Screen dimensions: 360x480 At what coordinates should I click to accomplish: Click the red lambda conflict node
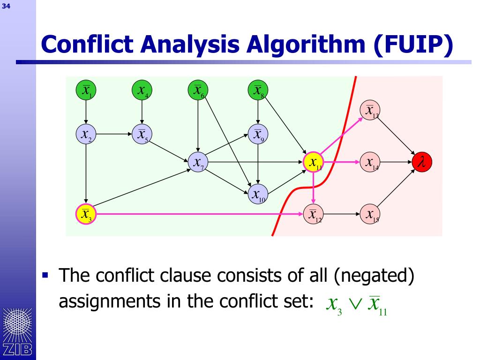pyautogui.click(x=422, y=162)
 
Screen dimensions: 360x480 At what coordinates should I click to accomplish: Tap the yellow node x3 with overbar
pyautogui.click(x=85, y=214)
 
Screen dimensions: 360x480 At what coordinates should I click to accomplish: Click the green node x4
pyautogui.click(x=142, y=90)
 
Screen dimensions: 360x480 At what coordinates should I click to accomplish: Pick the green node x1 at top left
pyautogui.click(x=86, y=90)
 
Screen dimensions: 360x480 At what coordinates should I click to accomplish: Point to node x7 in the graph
pyautogui.click(x=198, y=162)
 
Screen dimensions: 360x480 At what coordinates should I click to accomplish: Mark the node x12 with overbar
pyautogui.click(x=314, y=214)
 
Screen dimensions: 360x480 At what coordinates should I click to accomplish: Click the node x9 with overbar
pyautogui.click(x=257, y=134)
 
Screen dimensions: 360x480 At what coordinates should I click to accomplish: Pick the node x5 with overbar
pyautogui.click(x=142, y=134)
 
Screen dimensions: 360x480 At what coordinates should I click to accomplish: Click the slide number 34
pyautogui.click(x=7, y=6)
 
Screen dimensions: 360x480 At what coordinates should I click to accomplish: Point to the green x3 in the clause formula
pyautogui.click(x=333, y=306)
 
